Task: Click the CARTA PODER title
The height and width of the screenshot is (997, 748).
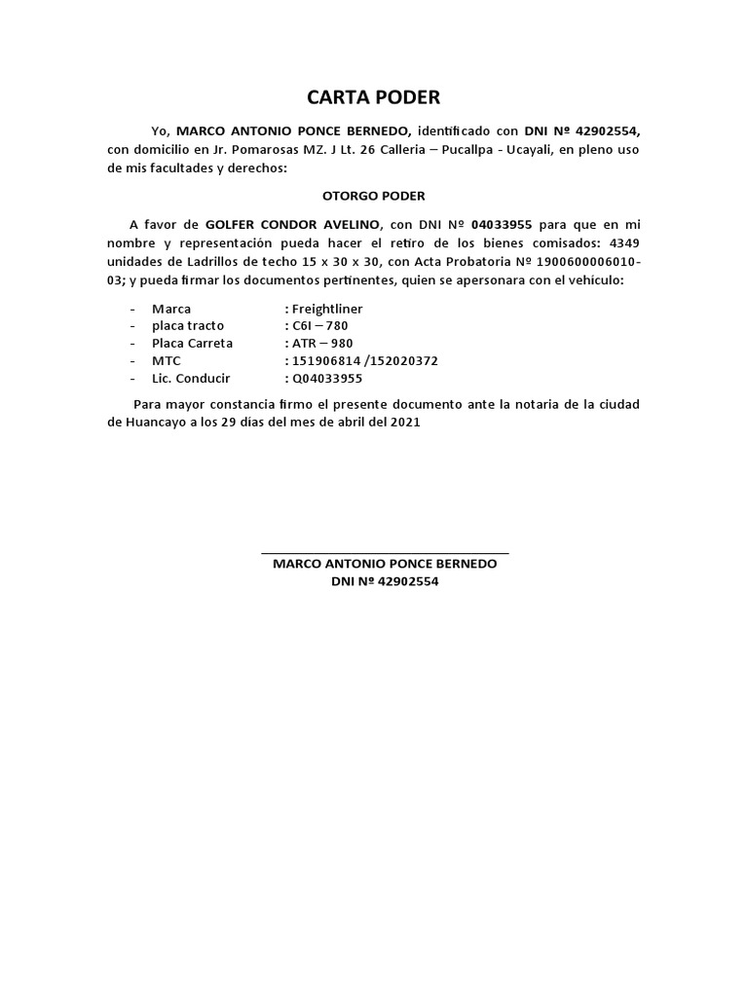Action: coord(374,97)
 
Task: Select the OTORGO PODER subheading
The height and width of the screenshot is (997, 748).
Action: coord(374,195)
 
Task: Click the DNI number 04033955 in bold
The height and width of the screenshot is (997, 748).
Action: coord(501,223)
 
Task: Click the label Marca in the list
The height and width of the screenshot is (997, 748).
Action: coord(171,309)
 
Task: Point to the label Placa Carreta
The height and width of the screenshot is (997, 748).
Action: coord(193,344)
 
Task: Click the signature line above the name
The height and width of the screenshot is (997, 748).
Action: coord(385,553)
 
